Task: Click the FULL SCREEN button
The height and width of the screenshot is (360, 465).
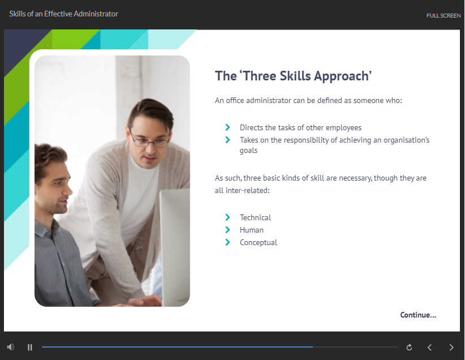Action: pyautogui.click(x=444, y=15)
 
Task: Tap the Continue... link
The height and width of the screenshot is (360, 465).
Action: pyautogui.click(x=418, y=315)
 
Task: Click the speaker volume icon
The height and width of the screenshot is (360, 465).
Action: pyautogui.click(x=11, y=347)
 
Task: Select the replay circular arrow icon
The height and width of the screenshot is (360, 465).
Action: pyautogui.click(x=409, y=347)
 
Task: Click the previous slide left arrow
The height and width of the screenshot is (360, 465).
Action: pyautogui.click(x=429, y=347)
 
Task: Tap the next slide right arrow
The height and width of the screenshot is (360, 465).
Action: pyautogui.click(x=451, y=347)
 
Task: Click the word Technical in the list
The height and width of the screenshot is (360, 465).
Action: pyautogui.click(x=255, y=217)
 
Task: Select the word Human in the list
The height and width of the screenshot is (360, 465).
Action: pyautogui.click(x=252, y=230)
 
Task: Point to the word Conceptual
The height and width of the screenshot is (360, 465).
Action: pyautogui.click(x=259, y=242)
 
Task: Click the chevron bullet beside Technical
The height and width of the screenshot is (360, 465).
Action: pyautogui.click(x=227, y=217)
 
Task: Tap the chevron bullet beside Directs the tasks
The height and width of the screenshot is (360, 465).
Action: pyautogui.click(x=227, y=127)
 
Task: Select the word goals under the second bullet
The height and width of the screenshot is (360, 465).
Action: pyautogui.click(x=248, y=151)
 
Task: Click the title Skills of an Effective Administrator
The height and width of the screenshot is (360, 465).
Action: pyautogui.click(x=63, y=14)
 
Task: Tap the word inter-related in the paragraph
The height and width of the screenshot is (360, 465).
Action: pyautogui.click(x=248, y=190)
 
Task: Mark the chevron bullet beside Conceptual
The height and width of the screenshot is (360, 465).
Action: pyautogui.click(x=227, y=242)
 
